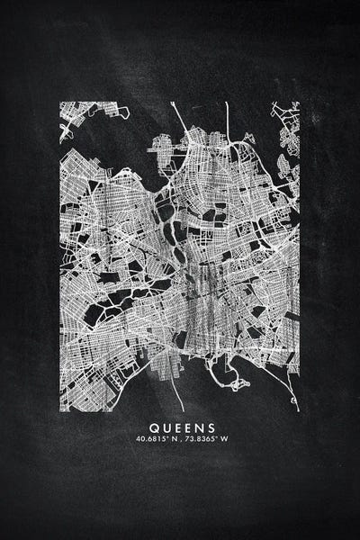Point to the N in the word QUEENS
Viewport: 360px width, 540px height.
[x=198, y=428]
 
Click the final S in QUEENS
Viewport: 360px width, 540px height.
[x=211, y=428]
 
